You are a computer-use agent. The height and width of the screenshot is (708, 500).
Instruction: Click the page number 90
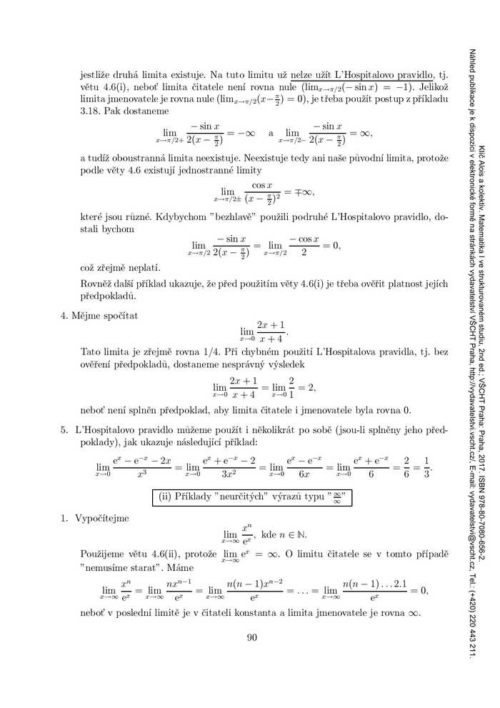coord(251,638)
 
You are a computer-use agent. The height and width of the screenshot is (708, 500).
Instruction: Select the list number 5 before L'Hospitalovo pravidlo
coord(66,432)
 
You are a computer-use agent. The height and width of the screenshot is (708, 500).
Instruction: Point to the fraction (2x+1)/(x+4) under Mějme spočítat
coord(272,331)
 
